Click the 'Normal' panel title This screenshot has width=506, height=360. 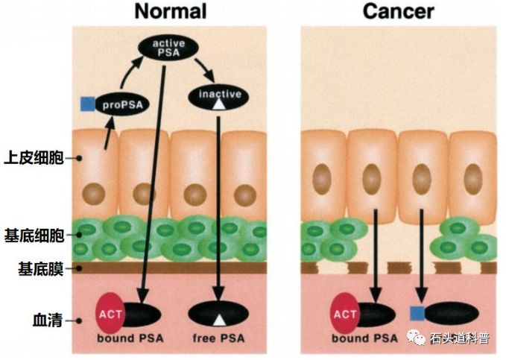coord(170,11)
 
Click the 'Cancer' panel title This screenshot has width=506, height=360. coord(399,11)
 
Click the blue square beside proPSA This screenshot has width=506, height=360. coord(88,104)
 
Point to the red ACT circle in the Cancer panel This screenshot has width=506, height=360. coord(345,313)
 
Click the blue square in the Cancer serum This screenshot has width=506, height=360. coord(418,314)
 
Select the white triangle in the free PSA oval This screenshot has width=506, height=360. coord(218,320)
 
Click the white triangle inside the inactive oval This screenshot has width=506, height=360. coord(218,105)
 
